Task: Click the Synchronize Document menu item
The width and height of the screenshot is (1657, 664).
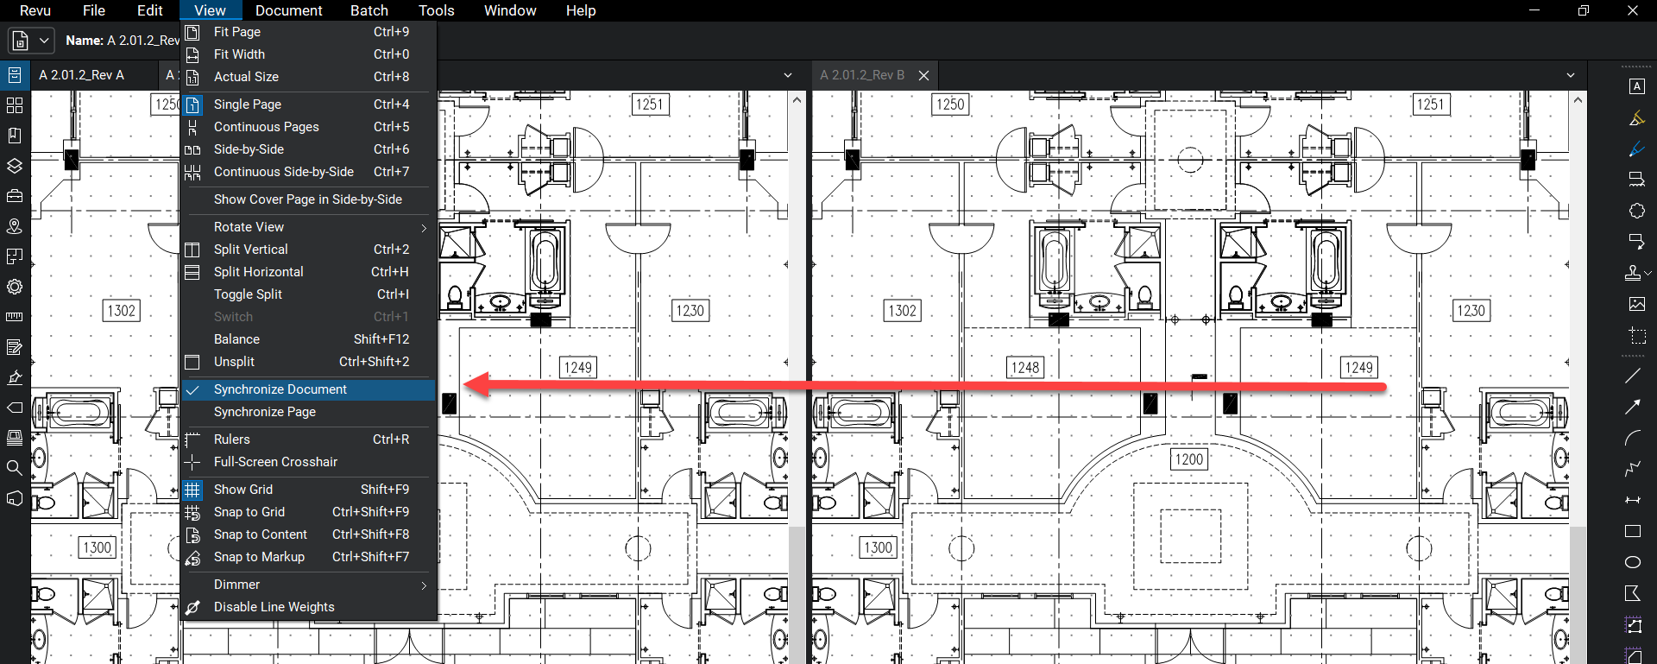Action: pyautogui.click(x=280, y=389)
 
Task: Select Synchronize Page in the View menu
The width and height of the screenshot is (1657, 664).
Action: pyautogui.click(x=265, y=412)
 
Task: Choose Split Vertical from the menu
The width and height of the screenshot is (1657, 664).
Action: pyautogui.click(x=251, y=250)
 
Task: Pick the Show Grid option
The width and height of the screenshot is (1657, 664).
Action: pyautogui.click(x=243, y=490)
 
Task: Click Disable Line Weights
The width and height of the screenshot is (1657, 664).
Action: pyautogui.click(x=274, y=607)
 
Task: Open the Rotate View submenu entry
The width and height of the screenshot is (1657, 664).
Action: pyautogui.click(x=249, y=227)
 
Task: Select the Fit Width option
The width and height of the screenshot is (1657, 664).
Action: pyautogui.click(x=240, y=54)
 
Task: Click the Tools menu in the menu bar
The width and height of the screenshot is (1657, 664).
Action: pyautogui.click(x=436, y=10)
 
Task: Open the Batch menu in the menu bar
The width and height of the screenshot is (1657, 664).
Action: pyautogui.click(x=369, y=10)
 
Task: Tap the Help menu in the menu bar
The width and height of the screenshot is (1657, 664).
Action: pyautogui.click(x=581, y=10)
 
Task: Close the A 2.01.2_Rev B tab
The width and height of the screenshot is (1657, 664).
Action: pyautogui.click(x=923, y=75)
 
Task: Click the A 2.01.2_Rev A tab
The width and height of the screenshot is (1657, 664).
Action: pyautogui.click(x=81, y=75)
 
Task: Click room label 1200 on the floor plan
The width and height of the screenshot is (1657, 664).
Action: pyautogui.click(x=1188, y=459)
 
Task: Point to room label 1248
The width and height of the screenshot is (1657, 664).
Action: pyautogui.click(x=1025, y=368)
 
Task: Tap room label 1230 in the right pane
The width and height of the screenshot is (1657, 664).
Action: pyautogui.click(x=1471, y=311)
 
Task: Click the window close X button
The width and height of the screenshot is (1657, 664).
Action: pyautogui.click(x=1632, y=10)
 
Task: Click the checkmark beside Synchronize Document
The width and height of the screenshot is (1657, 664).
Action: pyautogui.click(x=193, y=390)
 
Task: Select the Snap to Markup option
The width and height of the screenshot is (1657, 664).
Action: pyautogui.click(x=259, y=557)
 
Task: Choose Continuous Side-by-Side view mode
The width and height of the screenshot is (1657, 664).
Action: pyautogui.click(x=284, y=172)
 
